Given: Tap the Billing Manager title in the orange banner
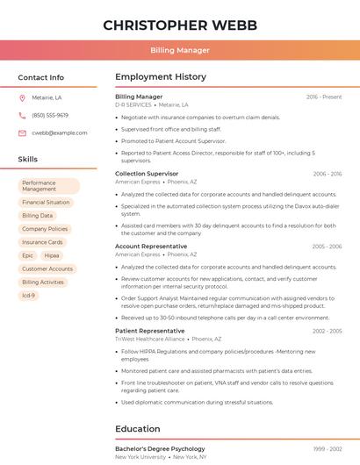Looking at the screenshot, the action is (180, 50).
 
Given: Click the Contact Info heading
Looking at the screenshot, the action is (40, 77).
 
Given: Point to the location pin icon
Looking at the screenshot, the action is (22, 98).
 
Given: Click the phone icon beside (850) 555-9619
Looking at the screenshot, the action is (22, 115).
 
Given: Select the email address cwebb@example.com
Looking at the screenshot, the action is (53, 132).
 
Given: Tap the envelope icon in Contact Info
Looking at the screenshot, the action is (22, 132).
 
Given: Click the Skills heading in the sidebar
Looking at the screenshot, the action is (27, 160).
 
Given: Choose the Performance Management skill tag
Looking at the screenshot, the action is (48, 186).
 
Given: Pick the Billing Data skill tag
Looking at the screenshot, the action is (37, 215).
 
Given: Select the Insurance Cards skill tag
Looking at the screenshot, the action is (42, 242).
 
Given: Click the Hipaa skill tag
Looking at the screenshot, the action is (52, 255).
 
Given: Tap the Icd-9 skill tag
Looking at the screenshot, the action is (28, 296).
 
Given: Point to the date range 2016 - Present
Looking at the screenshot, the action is (324, 97).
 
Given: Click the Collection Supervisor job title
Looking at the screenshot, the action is (147, 174).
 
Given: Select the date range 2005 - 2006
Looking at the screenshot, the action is (327, 247).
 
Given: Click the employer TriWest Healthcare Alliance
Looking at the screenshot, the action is (150, 338).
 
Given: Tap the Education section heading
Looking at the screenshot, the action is (138, 429).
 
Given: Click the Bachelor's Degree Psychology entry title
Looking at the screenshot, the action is (160, 448).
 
